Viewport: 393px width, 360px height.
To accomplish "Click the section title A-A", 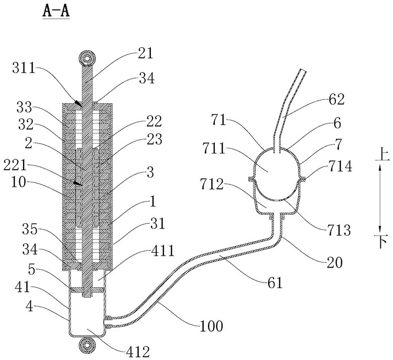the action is coord(56,12).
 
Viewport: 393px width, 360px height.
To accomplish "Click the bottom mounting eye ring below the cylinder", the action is coord(86,345).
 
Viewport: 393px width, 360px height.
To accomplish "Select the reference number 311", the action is coord(24,68).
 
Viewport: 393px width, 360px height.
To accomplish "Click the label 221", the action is coord(15,166).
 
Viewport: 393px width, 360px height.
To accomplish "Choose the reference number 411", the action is coord(162,250).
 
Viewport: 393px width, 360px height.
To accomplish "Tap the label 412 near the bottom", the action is coord(138,352).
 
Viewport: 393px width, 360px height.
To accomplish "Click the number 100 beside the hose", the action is coord(211,326).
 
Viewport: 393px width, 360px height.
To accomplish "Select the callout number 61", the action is coord(275,283).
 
